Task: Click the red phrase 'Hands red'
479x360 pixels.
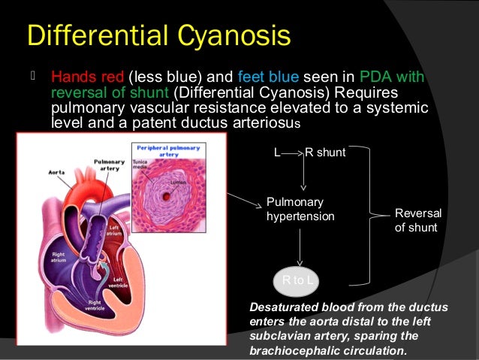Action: (87, 77)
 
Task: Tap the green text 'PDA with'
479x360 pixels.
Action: (392, 77)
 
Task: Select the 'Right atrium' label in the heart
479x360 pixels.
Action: (58, 259)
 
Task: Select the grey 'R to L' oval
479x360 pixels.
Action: (300, 280)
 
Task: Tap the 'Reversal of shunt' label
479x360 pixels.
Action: (418, 220)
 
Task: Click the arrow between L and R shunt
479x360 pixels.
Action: (291, 153)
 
